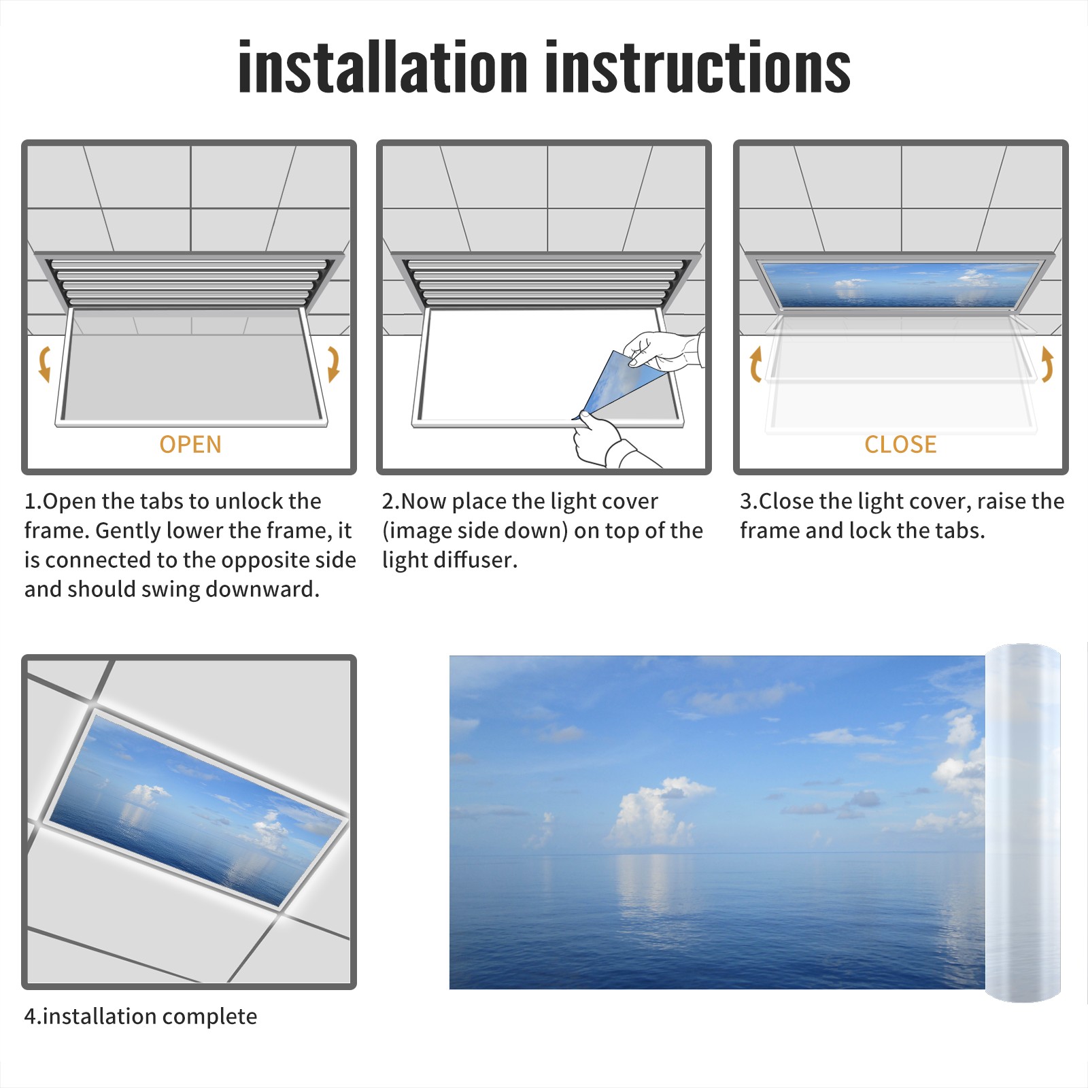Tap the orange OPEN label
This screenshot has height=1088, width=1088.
point(190,445)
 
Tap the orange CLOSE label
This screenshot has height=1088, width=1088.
point(900,445)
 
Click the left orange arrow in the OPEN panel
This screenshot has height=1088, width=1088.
point(45,364)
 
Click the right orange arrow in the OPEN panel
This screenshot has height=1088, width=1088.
point(333,364)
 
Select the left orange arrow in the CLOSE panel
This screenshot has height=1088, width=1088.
point(755,364)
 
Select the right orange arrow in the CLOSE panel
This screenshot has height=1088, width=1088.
point(1047,364)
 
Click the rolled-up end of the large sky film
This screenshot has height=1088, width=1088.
point(1023,823)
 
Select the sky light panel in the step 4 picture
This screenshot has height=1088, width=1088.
point(197,809)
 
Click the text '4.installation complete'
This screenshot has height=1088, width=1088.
point(141,1017)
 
